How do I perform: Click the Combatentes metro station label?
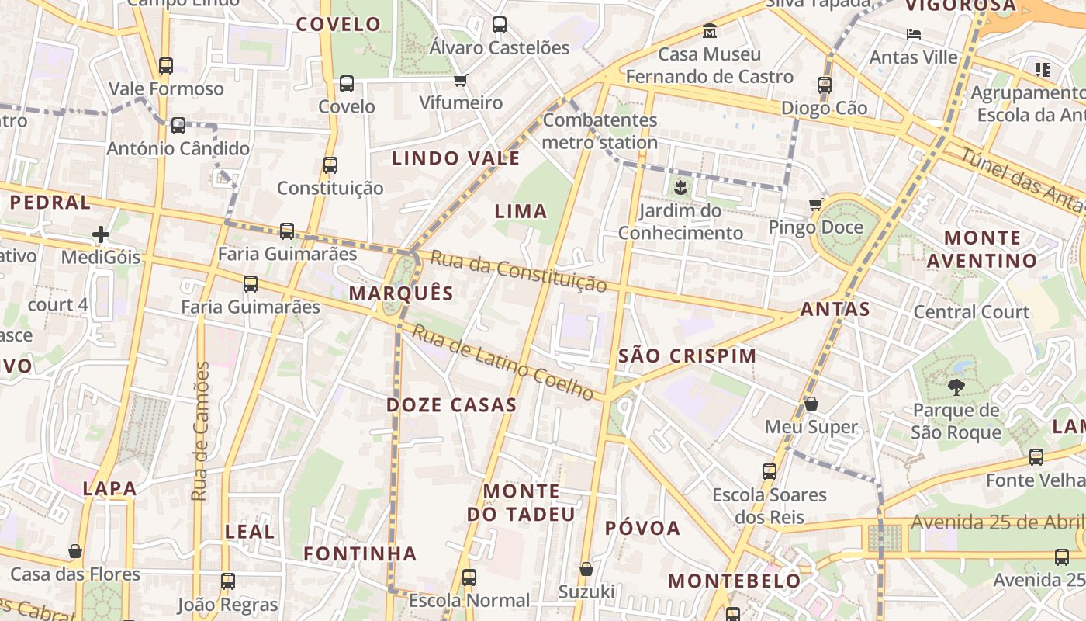[600, 131]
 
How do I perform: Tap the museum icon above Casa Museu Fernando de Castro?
[710, 32]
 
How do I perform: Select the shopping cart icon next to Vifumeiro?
[461, 80]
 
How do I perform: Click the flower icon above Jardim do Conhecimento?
[680, 187]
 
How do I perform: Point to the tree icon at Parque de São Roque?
[956, 387]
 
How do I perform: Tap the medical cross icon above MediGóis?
[101, 234]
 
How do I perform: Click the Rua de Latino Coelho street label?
[502, 363]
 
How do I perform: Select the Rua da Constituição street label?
[518, 271]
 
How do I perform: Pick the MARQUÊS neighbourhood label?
[401, 293]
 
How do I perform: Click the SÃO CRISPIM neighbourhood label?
[687, 356]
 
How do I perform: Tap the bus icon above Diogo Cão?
[824, 85]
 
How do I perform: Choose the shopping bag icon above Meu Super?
[811, 404]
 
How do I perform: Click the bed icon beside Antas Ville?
[914, 34]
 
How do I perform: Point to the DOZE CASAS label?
[451, 405]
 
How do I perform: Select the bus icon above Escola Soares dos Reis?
[770, 471]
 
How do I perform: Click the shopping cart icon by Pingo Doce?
[815, 205]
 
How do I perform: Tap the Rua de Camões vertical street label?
[201, 431]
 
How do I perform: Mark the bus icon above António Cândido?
[178, 125]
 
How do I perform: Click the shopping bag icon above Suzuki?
[586, 569]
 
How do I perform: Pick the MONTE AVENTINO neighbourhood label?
[982, 249]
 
